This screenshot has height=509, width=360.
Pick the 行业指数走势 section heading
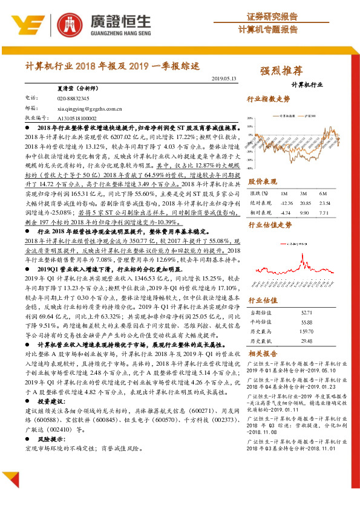pyautogui.click(x=269, y=99)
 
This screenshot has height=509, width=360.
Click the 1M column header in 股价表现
pyautogui.click(x=284, y=193)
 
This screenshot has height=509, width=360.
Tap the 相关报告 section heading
pyautogui.click(x=263, y=354)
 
